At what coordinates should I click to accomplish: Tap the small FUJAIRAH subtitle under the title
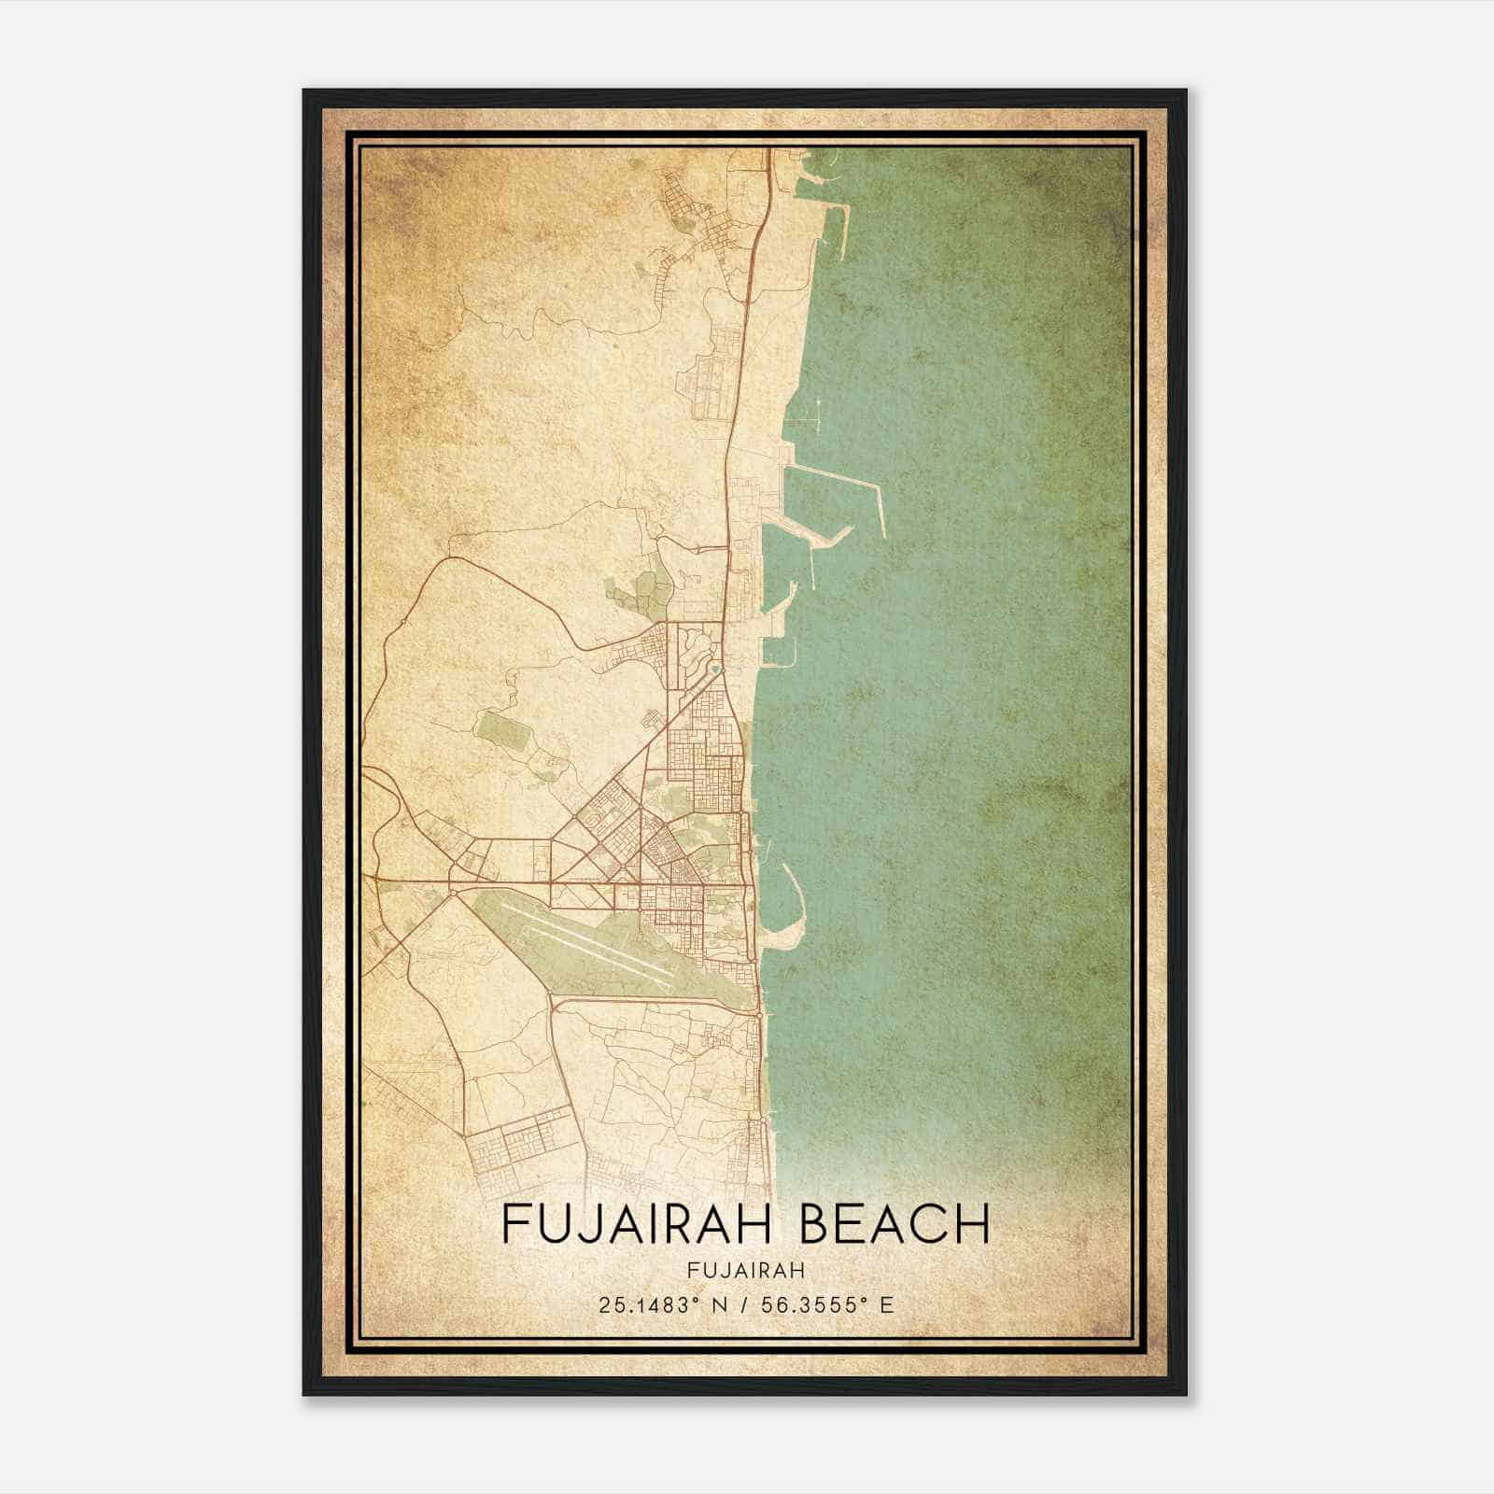pyautogui.click(x=745, y=1270)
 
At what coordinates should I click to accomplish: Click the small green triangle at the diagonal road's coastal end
pyautogui.click(x=715, y=669)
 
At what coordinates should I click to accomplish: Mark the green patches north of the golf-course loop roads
pyautogui.click(x=640, y=588)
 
